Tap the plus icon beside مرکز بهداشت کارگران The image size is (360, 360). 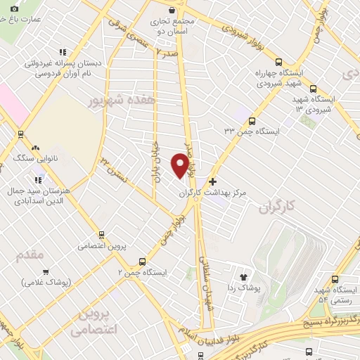(x=213, y=181)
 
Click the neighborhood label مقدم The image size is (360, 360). (x=30, y=255)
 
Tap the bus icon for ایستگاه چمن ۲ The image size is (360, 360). (x=143, y=260)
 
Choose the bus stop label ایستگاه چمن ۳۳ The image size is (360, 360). (x=256, y=131)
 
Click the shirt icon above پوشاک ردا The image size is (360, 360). (x=244, y=277)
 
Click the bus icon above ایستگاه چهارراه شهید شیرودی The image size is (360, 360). (x=279, y=62)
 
